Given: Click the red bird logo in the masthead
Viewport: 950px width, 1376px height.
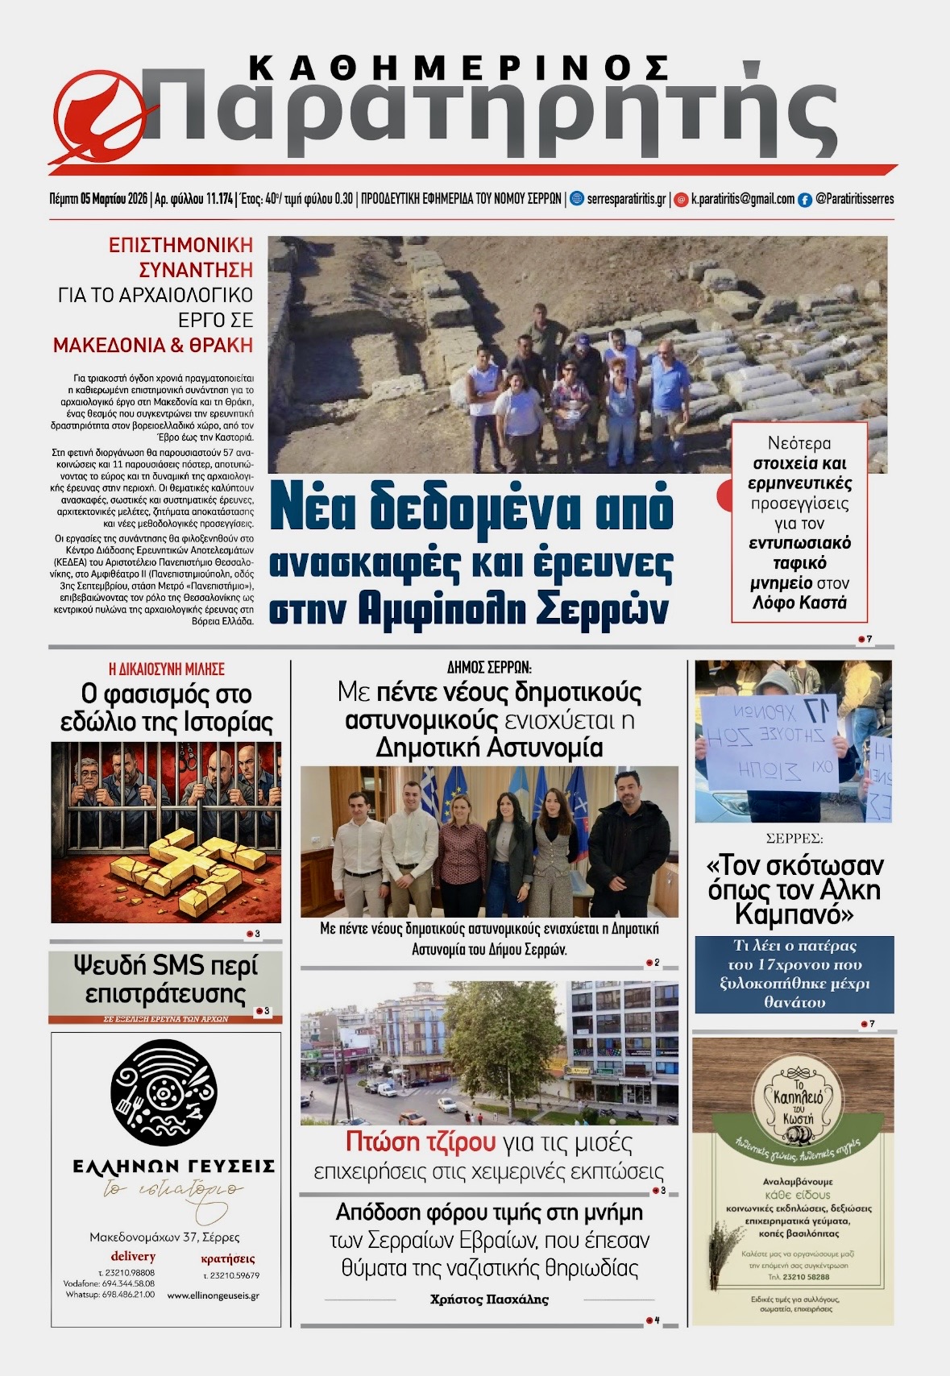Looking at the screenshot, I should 94,114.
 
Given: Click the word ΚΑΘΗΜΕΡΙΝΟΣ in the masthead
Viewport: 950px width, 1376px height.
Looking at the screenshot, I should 459,68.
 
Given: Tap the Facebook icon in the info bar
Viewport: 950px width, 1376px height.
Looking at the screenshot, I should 804,200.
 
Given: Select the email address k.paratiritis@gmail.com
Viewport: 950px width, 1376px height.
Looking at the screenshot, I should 742,199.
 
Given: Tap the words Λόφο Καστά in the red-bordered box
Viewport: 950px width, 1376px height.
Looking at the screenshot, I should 799,603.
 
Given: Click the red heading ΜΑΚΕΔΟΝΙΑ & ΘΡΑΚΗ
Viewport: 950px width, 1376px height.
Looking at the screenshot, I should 153,346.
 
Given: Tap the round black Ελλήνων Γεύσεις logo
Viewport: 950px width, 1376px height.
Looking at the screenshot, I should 164,1092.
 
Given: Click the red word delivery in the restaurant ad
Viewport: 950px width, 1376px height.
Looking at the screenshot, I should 133,1256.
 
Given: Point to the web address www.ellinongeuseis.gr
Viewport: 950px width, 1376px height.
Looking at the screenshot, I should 213,1295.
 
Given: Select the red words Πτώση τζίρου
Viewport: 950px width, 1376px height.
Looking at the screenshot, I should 420,1142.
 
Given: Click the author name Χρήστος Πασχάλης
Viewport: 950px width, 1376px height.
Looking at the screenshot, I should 489,1299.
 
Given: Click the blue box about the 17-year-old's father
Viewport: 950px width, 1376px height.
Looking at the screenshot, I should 794,974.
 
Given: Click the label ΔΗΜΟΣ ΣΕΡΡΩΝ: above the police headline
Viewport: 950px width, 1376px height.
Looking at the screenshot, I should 489,667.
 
